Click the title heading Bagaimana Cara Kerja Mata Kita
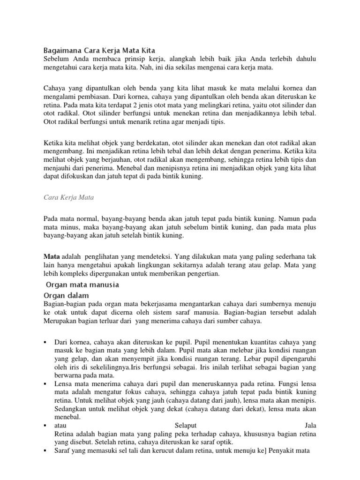(x=99, y=50)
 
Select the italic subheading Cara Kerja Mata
(x=68, y=197)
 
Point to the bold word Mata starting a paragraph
(x=51, y=256)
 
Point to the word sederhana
(x=289, y=256)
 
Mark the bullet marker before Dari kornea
(x=45, y=342)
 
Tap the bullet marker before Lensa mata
(x=45, y=383)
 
